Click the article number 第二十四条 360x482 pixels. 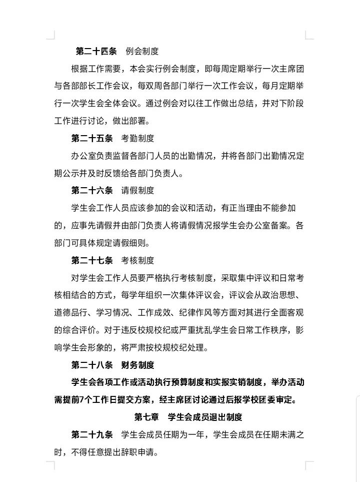point(96,51)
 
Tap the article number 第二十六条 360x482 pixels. point(92,190)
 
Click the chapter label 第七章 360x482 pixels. point(147,417)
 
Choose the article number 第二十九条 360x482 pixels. point(92,434)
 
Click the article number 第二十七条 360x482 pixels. point(92,260)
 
